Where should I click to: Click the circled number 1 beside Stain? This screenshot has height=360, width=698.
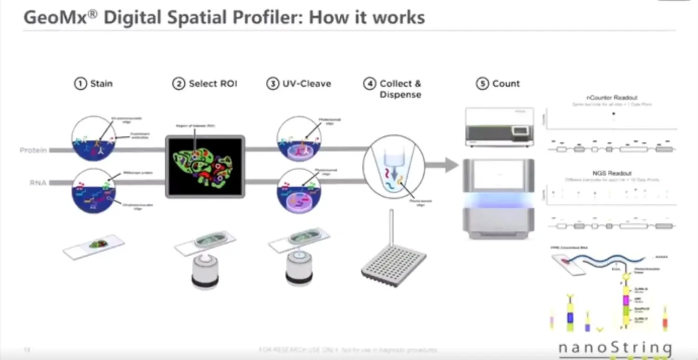pyautogui.click(x=81, y=84)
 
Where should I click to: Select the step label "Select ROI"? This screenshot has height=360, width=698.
pyautogui.click(x=213, y=84)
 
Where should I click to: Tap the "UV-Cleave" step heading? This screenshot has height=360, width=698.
pyautogui.click(x=307, y=84)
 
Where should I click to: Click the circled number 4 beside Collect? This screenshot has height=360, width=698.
pyautogui.click(x=369, y=84)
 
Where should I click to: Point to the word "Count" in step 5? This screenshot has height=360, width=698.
pyautogui.click(x=506, y=84)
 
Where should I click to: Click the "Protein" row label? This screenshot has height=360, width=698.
pyautogui.click(x=33, y=150)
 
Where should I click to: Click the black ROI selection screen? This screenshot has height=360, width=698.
pyautogui.click(x=205, y=167)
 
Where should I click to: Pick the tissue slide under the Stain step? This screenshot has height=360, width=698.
pyautogui.click(x=94, y=246)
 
